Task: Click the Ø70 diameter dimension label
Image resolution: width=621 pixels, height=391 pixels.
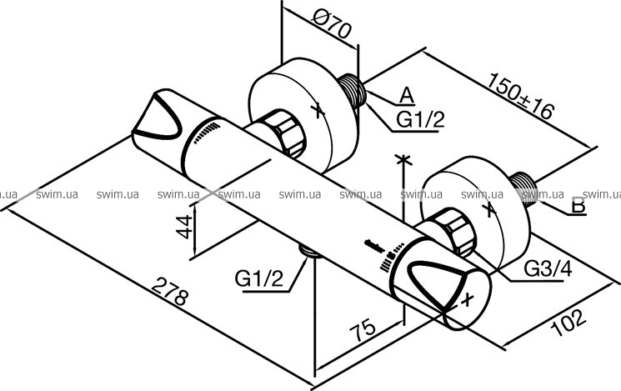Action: click(x=332, y=24)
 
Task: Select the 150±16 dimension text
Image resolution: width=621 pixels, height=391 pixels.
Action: click(x=519, y=96)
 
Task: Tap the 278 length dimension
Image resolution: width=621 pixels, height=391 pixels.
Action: click(x=170, y=291)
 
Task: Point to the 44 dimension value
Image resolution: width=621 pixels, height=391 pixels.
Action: click(x=184, y=227)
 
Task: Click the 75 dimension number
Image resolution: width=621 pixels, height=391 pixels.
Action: click(x=363, y=329)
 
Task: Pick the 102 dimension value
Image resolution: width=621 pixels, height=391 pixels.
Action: click(x=568, y=322)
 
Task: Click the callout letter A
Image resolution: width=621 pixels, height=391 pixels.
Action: click(x=406, y=96)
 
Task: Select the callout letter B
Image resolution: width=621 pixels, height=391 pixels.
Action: click(x=579, y=206)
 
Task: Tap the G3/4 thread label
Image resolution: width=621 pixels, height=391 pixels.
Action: click(x=548, y=269)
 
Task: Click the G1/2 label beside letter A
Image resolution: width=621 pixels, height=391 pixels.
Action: click(x=421, y=119)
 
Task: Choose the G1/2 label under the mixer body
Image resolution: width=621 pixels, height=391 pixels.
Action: click(x=259, y=278)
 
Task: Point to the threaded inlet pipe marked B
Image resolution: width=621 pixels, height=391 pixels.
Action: click(x=523, y=188)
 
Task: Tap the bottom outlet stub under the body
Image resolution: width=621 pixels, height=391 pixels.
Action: click(x=310, y=251)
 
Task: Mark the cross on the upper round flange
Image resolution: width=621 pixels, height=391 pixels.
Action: click(x=318, y=111)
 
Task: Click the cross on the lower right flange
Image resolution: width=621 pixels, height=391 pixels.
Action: click(x=490, y=209)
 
